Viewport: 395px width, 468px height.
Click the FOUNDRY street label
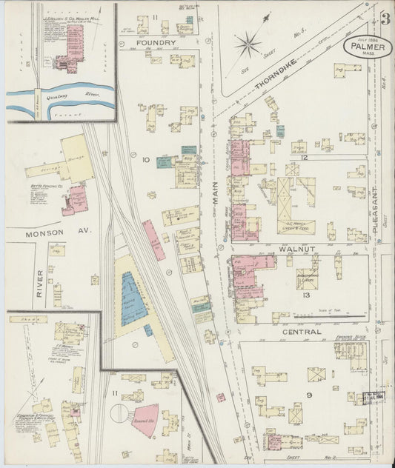point(156,44)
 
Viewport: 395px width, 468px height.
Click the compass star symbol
point(248,44)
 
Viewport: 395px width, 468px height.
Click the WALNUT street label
point(297,250)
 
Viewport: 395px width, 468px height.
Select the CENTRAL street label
point(302,332)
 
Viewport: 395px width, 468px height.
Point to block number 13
point(306,295)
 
